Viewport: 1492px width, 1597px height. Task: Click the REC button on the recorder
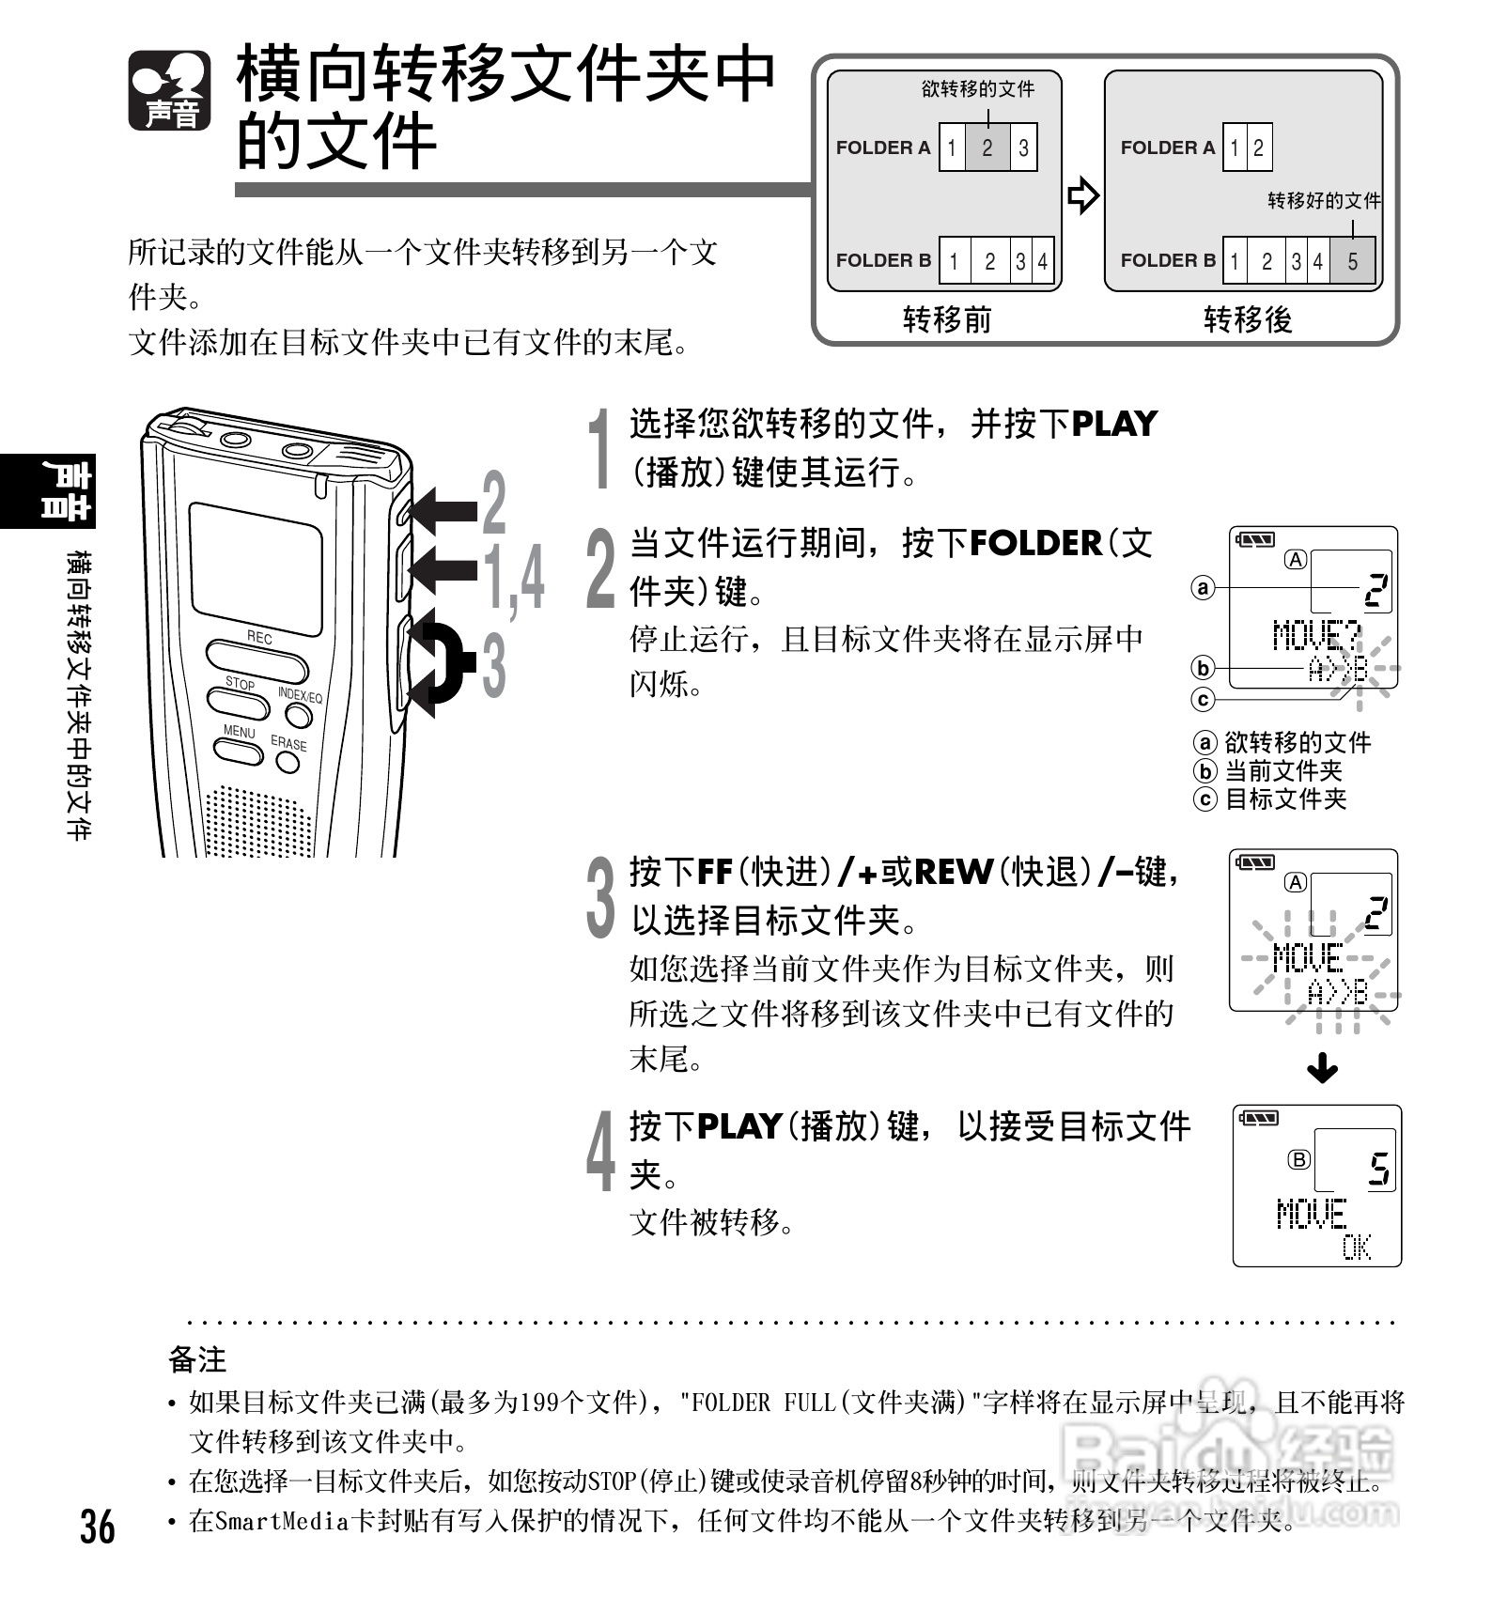(x=256, y=660)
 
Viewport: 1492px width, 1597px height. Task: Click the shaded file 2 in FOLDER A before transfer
(x=987, y=147)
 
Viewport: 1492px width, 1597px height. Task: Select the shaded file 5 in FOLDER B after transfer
(x=1352, y=261)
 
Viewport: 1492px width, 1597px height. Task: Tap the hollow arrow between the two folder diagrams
(x=1082, y=195)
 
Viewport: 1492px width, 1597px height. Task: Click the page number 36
(x=98, y=1527)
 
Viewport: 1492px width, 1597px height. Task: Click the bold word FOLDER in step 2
(x=1034, y=543)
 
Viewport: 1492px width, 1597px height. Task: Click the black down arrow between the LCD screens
(x=1322, y=1068)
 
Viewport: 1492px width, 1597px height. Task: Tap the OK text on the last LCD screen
(x=1356, y=1248)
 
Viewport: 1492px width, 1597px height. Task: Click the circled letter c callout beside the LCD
(x=1203, y=700)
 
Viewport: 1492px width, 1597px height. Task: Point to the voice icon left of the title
(x=169, y=91)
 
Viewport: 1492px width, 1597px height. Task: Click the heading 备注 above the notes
(x=197, y=1359)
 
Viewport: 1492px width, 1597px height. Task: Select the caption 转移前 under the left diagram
(x=946, y=320)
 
